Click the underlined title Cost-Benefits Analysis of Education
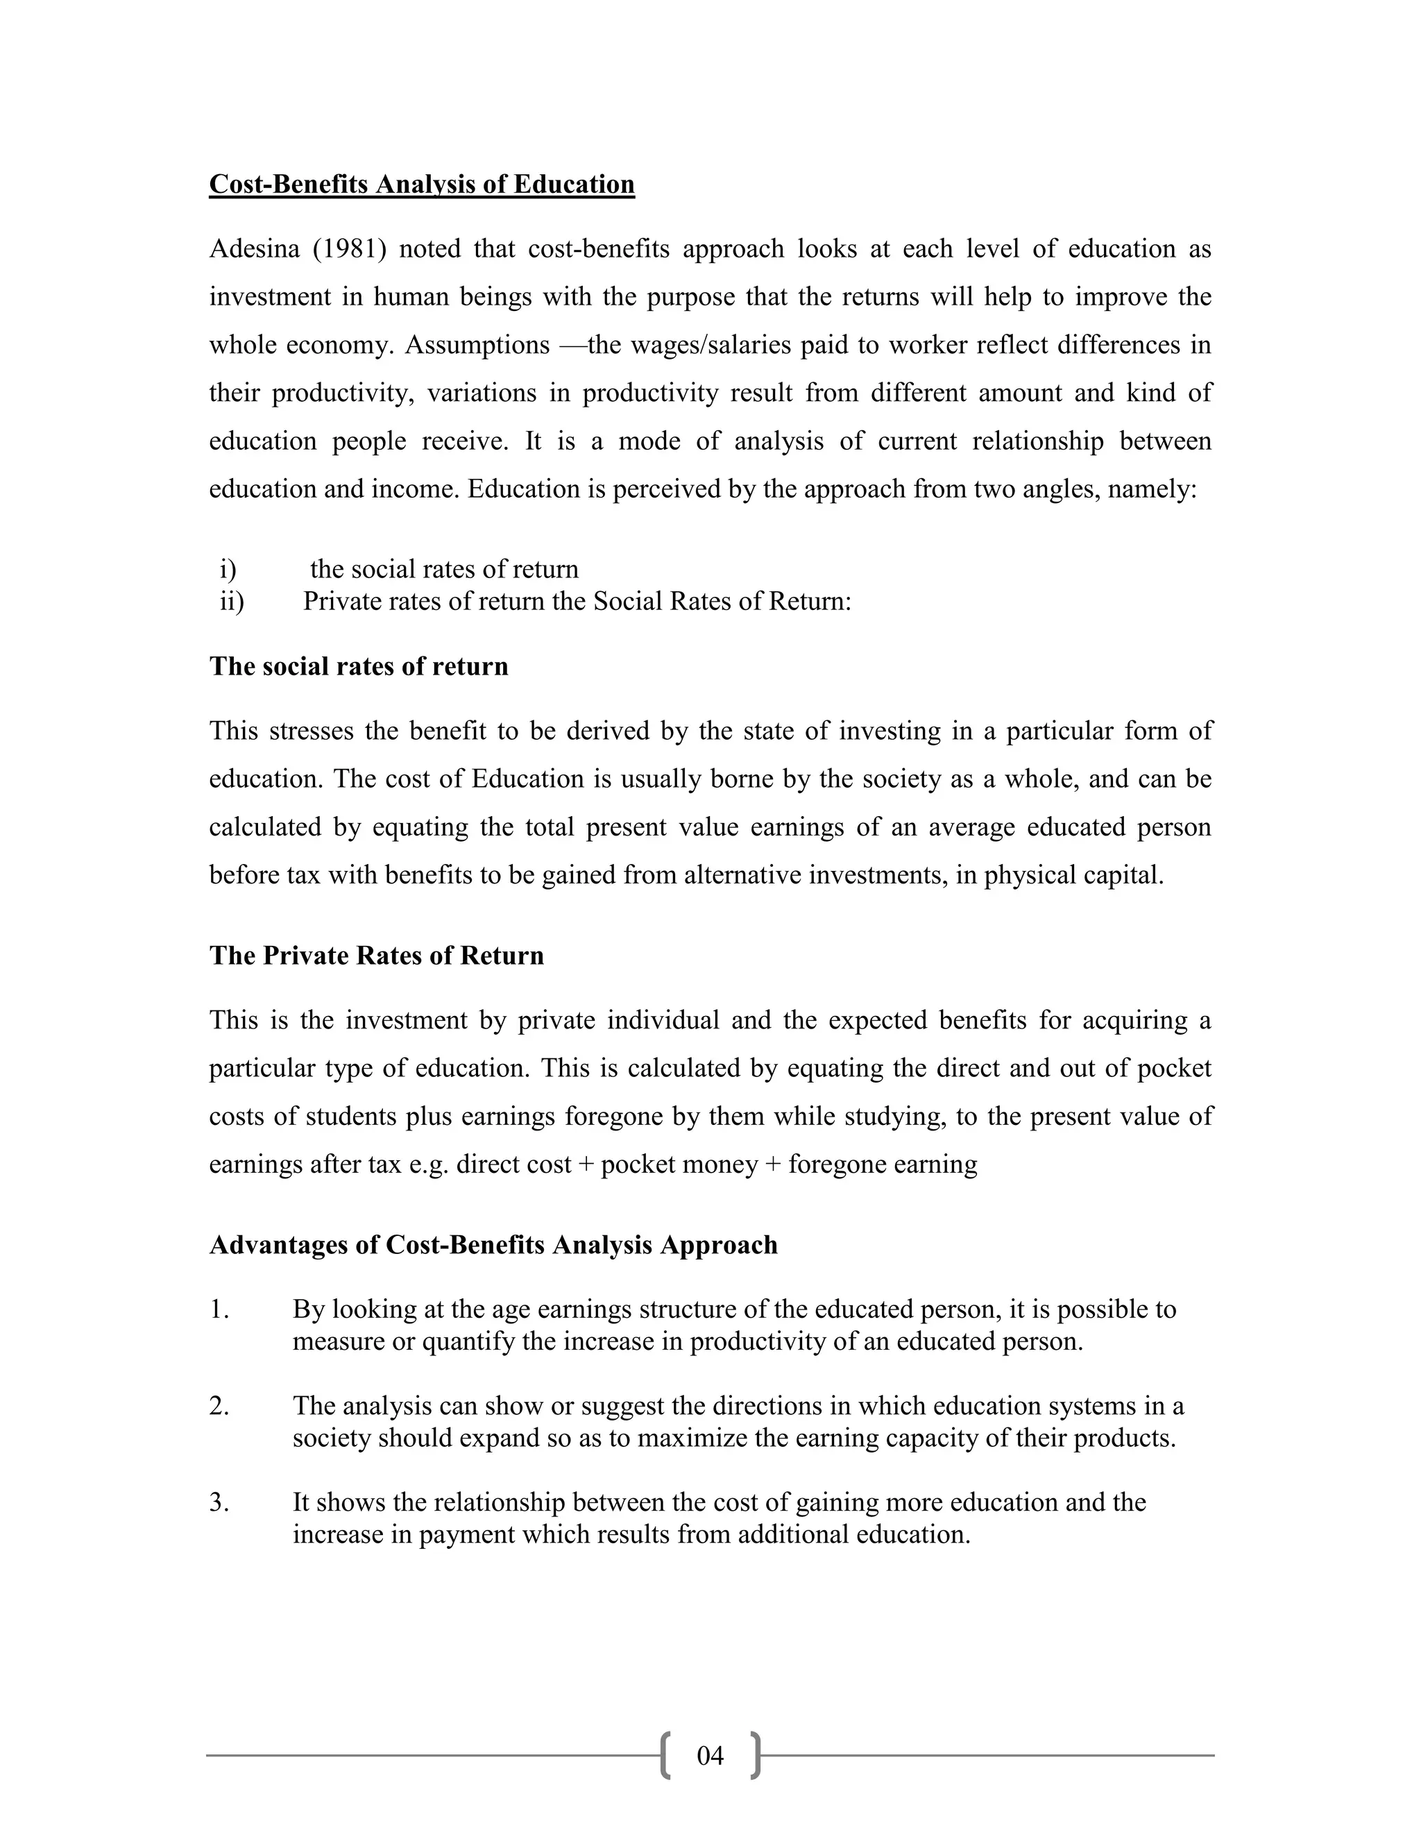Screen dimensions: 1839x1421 [422, 185]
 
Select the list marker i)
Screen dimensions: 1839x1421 [228, 570]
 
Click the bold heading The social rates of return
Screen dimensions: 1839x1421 [359, 666]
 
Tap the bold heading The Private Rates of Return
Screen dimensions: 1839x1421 [376, 956]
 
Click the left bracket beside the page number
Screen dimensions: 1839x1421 [666, 1756]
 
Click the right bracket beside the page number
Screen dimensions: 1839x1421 [755, 1756]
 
